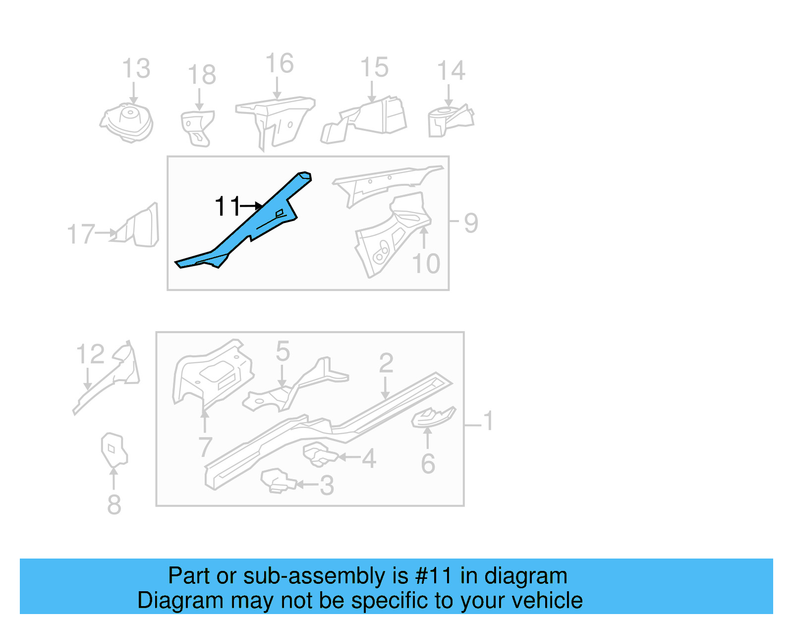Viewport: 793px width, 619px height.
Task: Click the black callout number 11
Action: click(x=227, y=206)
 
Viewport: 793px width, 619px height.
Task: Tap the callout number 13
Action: click(x=136, y=69)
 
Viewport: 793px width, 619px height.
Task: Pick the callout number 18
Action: click(x=201, y=75)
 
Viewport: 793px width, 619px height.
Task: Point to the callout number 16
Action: click(x=280, y=64)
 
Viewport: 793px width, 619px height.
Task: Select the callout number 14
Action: click(x=451, y=71)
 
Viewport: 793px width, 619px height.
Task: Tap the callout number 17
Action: click(x=80, y=234)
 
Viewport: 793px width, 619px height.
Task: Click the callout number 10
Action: click(x=426, y=264)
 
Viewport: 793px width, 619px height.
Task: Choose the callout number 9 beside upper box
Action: click(x=471, y=223)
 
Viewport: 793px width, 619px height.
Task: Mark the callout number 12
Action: click(x=90, y=354)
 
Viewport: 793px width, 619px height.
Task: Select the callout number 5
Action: click(x=283, y=351)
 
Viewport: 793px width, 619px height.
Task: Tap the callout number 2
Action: click(x=386, y=363)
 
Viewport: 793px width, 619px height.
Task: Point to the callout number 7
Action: click(x=205, y=448)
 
